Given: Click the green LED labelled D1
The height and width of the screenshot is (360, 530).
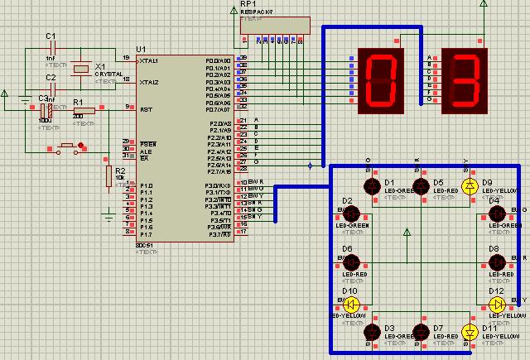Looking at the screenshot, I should (372, 186).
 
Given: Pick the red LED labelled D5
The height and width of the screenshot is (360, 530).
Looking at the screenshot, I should (422, 186).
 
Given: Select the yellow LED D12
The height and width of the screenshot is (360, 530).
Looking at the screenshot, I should (497, 304).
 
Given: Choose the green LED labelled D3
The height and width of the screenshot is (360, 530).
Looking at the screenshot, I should (372, 333).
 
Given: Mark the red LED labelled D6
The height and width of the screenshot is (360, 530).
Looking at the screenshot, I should (349, 262).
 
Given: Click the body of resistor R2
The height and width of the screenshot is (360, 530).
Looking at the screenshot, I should (108, 175).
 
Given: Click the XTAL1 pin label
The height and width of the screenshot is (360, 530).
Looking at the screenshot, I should (150, 60).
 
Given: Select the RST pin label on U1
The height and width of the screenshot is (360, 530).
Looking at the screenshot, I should (147, 108).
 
